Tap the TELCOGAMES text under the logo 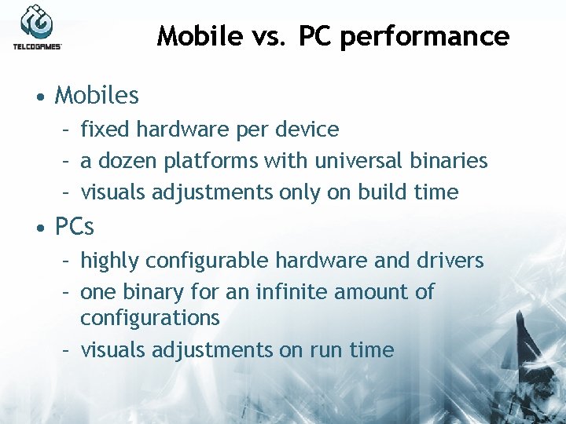click(x=37, y=47)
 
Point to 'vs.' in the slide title click(x=265, y=36)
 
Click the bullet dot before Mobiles click(x=39, y=97)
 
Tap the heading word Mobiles click(x=97, y=96)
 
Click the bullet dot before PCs click(x=39, y=228)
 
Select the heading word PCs click(x=75, y=227)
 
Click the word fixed click(x=101, y=129)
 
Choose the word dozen click(x=127, y=161)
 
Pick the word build click(x=383, y=192)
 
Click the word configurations click(x=149, y=318)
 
